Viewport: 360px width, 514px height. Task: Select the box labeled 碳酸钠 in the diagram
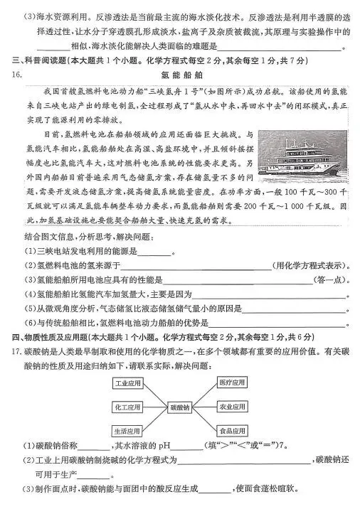[180, 408]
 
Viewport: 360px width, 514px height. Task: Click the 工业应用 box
[127, 383]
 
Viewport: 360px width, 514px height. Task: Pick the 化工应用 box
[127, 408]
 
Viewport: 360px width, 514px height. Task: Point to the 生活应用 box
[127, 431]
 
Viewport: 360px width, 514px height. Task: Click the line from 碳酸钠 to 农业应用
[205, 408]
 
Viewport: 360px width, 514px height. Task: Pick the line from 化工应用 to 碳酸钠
[155, 408]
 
